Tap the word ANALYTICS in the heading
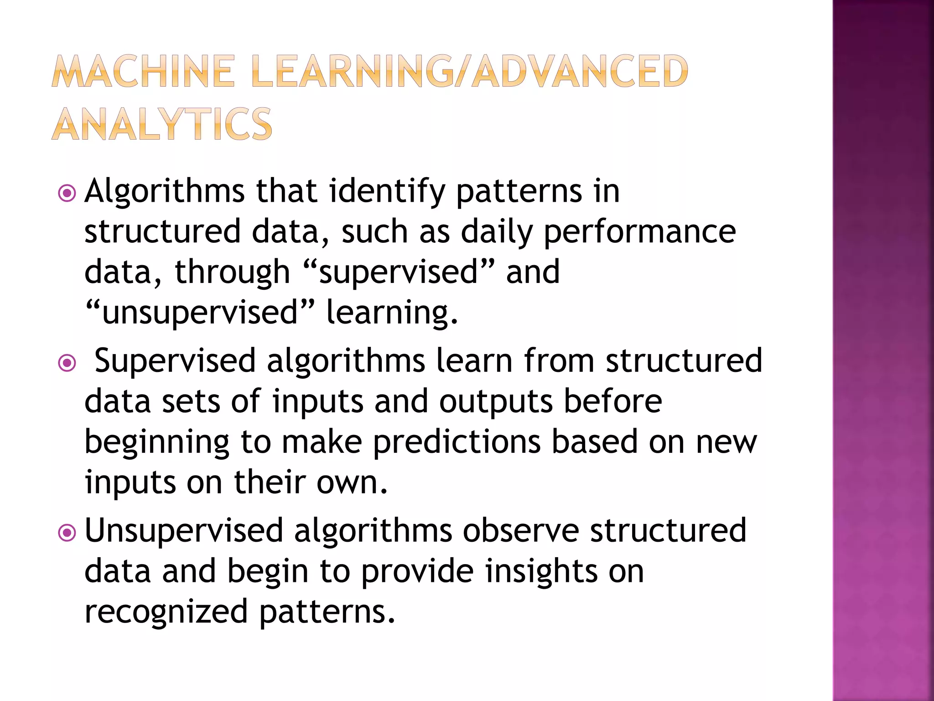(162, 124)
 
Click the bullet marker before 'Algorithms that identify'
(67, 193)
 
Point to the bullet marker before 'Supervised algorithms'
(67, 363)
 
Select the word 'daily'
(496, 231)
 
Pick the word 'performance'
(639, 231)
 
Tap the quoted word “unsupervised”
(200, 313)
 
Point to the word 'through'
(232, 272)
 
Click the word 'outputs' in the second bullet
(496, 402)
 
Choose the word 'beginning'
(157, 442)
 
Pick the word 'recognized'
(166, 612)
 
